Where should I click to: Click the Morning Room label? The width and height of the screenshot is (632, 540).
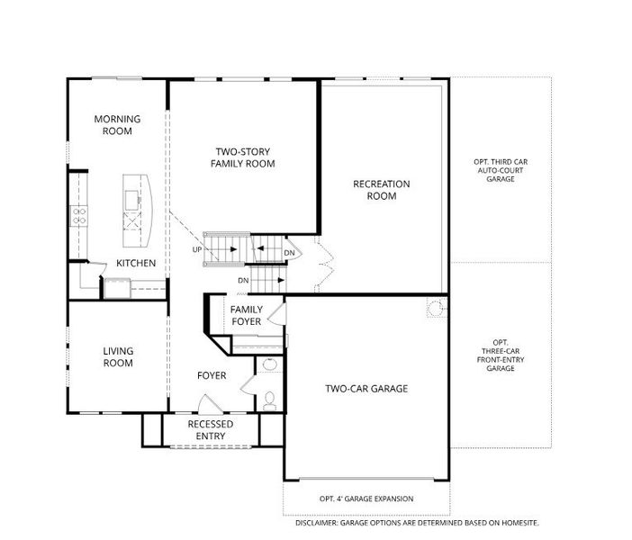coord(117,125)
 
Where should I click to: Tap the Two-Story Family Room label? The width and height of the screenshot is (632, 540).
coord(243,157)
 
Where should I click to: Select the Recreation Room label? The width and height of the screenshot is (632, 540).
coord(382,190)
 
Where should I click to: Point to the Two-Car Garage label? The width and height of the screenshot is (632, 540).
coord(366,389)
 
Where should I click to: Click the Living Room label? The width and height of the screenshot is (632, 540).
coord(118,357)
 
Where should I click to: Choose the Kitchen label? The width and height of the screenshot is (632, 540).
coord(136,263)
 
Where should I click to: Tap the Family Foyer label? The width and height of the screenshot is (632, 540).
coord(247,316)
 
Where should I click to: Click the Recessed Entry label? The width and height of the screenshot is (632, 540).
coord(211,430)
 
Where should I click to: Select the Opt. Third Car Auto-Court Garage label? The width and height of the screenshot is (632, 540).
coord(501,170)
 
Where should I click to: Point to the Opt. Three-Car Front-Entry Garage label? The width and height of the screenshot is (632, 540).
coord(501,355)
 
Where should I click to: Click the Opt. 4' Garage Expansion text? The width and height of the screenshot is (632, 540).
coord(366,499)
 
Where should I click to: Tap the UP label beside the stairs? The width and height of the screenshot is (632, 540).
coord(196,250)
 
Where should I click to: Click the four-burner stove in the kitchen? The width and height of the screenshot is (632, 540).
coord(79,216)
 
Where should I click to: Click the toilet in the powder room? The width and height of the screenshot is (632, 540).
coord(270,400)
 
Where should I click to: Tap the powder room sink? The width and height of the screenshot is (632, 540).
coord(270,364)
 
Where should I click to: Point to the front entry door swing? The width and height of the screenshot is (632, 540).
coord(210,405)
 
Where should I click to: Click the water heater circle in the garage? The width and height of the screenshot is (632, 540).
coord(436,309)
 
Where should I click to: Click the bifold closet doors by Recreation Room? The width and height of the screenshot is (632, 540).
coord(325,264)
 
